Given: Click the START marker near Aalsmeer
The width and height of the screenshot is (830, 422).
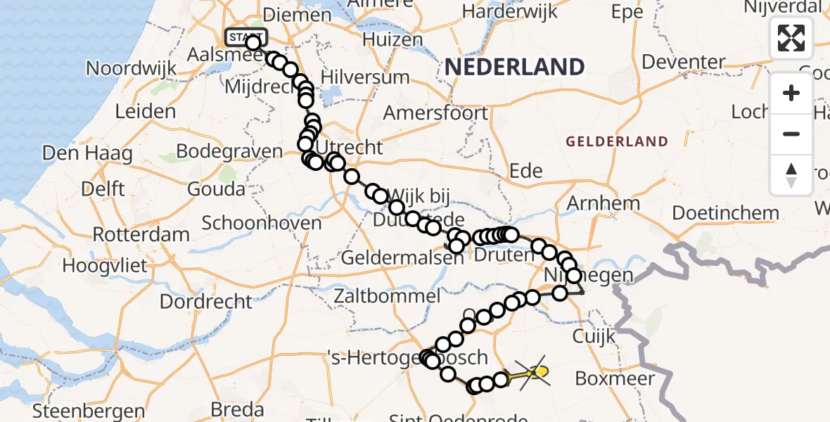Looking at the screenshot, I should pos(245,36).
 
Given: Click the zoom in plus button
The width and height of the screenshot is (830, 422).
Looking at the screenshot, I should pos(791,93).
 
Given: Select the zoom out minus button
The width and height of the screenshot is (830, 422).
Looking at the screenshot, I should pos(791,134).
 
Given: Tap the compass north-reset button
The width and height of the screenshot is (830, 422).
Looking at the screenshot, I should pos(791,174).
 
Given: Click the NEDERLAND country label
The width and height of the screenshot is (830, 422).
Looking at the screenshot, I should pos(515,67).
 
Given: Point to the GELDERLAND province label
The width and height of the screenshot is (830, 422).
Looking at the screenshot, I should pos(617,141).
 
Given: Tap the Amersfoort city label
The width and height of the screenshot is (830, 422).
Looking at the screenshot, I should pos(435,113).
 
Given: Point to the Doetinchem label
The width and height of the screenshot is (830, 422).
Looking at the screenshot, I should pos(725,212).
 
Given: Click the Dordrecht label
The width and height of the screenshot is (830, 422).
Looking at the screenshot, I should pos(206,302).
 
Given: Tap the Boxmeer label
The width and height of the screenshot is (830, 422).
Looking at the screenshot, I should pos(611,378).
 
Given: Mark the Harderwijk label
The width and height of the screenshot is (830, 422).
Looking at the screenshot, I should pos(510,12).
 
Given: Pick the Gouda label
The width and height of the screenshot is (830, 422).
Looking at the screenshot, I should pos(216,189).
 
